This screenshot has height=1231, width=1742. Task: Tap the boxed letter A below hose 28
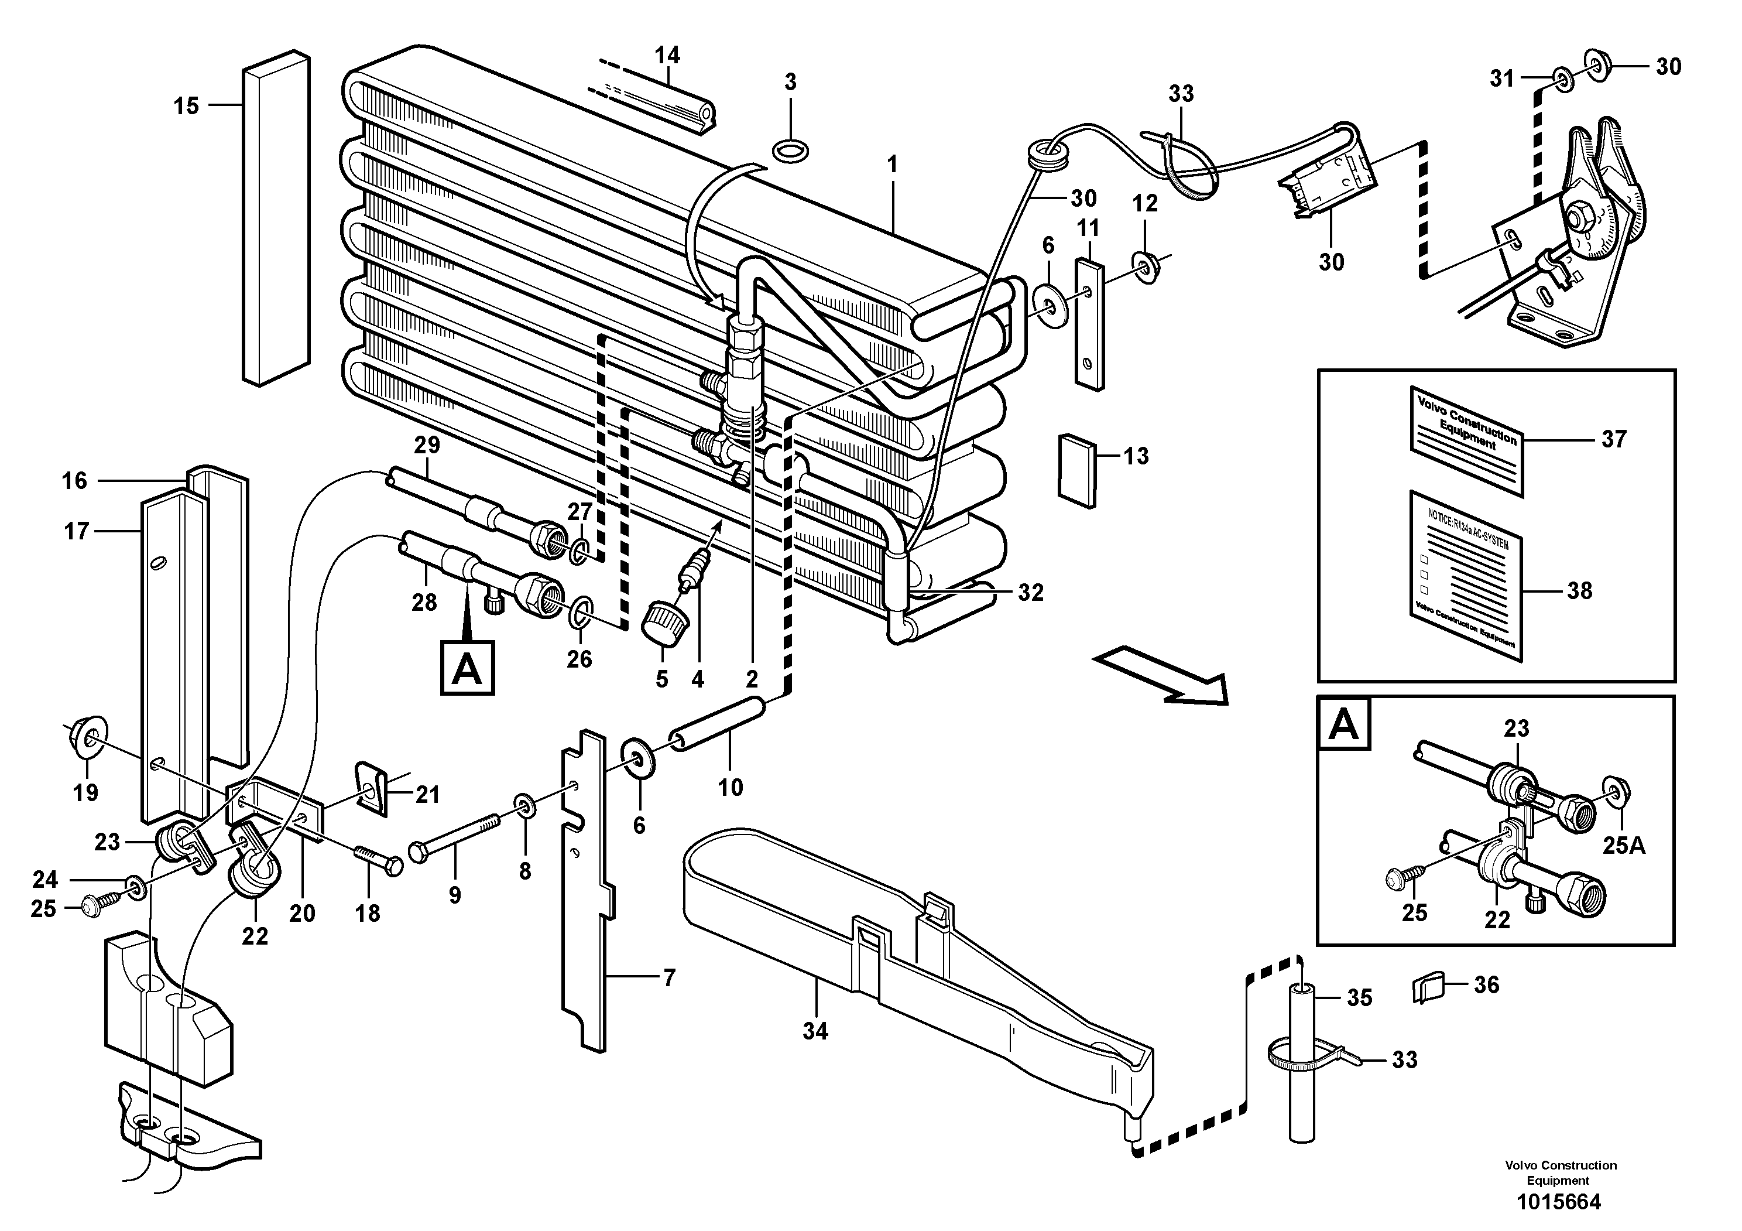click(x=467, y=668)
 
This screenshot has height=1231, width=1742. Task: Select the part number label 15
click(x=186, y=106)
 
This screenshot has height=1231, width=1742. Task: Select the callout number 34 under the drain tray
click(x=815, y=1031)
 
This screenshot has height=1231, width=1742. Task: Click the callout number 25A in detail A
click(x=1623, y=844)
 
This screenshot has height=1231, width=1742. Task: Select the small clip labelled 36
click(x=1426, y=990)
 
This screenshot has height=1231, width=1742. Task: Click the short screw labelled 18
click(x=377, y=860)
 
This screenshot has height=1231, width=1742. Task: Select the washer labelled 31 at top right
click(x=1562, y=77)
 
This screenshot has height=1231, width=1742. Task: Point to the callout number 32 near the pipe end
click(x=1030, y=593)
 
